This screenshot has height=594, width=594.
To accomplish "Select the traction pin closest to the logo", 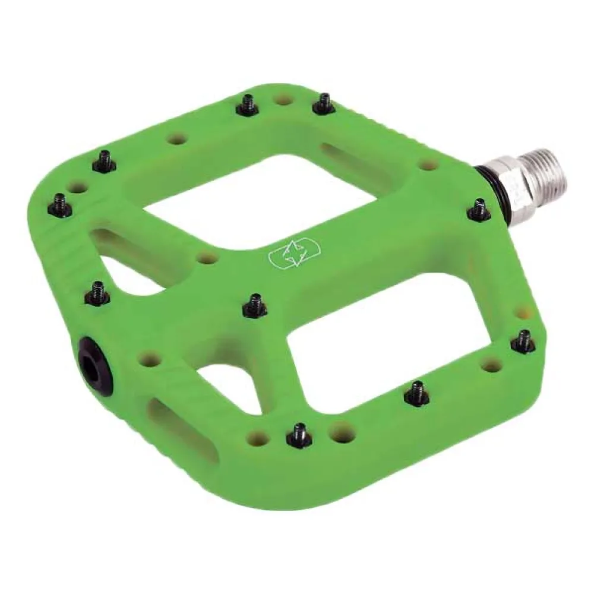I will [255, 305].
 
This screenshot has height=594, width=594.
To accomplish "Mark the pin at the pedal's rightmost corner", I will [523, 342].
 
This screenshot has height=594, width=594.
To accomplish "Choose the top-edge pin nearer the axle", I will [324, 105].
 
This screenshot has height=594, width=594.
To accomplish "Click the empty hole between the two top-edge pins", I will [285, 99].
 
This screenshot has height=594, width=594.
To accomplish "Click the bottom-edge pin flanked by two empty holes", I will [298, 437].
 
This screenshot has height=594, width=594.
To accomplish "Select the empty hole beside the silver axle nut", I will [425, 164].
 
